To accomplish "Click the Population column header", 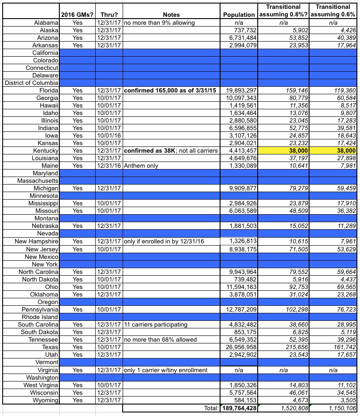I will pos(239,15).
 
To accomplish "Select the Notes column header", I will pos(171,15).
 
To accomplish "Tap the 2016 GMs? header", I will pos(77,15).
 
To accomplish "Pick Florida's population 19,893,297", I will pos(238,90).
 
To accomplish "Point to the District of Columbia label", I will pos(32,82).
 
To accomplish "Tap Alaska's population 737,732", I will pos(242,30).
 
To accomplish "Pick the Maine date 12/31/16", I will pos(108,166).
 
